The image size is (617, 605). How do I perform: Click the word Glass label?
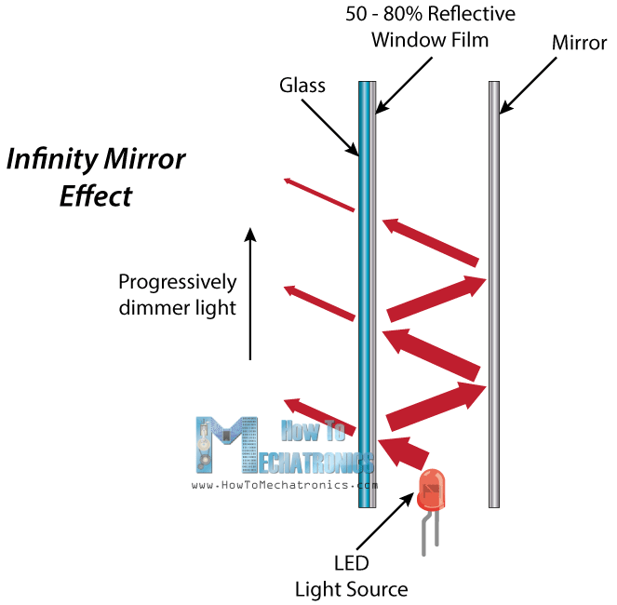pos(302,86)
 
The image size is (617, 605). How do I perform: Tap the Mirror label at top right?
pos(579,43)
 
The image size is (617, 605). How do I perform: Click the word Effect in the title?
pos(96,196)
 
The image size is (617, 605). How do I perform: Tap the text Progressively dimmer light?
pos(178,293)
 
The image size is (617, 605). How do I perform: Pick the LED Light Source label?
pos(351,576)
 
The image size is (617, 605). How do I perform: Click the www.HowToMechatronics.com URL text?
pos(285,485)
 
